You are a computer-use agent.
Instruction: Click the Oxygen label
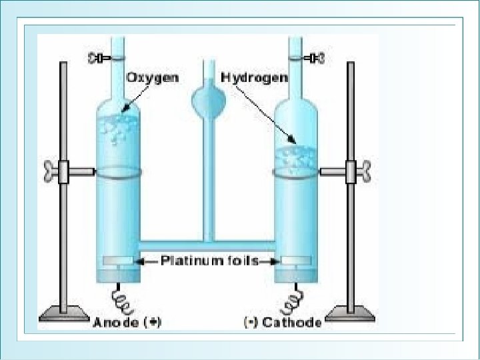click(153, 77)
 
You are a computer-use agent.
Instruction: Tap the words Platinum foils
click(209, 261)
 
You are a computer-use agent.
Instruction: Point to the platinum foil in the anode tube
click(119, 261)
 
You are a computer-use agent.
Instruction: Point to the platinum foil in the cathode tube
click(296, 261)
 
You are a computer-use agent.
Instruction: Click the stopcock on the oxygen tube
click(100, 59)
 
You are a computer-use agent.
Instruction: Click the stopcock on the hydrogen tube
click(316, 59)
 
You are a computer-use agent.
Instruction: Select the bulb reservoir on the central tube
click(207, 100)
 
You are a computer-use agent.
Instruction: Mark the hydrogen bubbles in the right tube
click(296, 157)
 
